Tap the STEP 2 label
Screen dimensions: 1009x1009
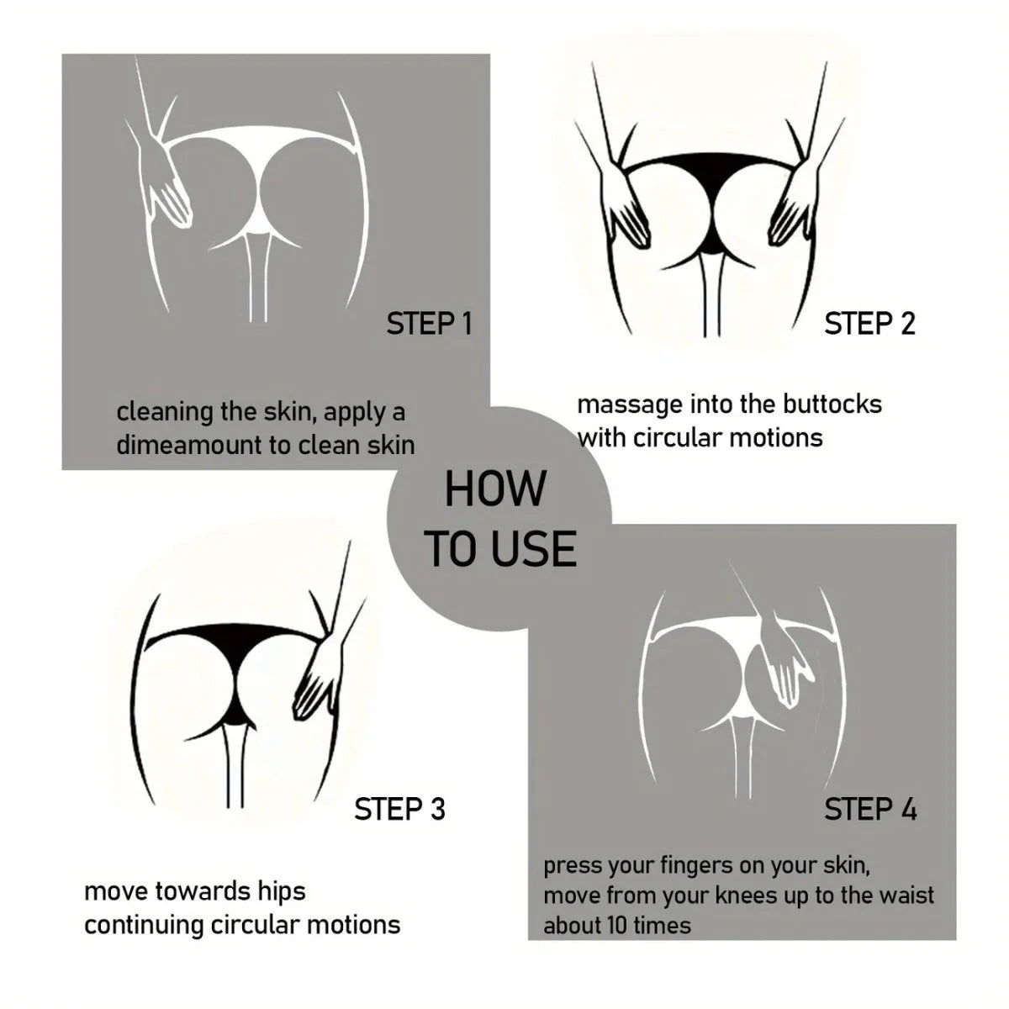tap(869, 323)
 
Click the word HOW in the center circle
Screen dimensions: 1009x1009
tap(495, 489)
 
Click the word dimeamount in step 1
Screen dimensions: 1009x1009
tap(188, 445)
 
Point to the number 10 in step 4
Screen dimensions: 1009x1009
tap(617, 925)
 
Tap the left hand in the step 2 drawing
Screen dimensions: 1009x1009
tap(626, 209)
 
